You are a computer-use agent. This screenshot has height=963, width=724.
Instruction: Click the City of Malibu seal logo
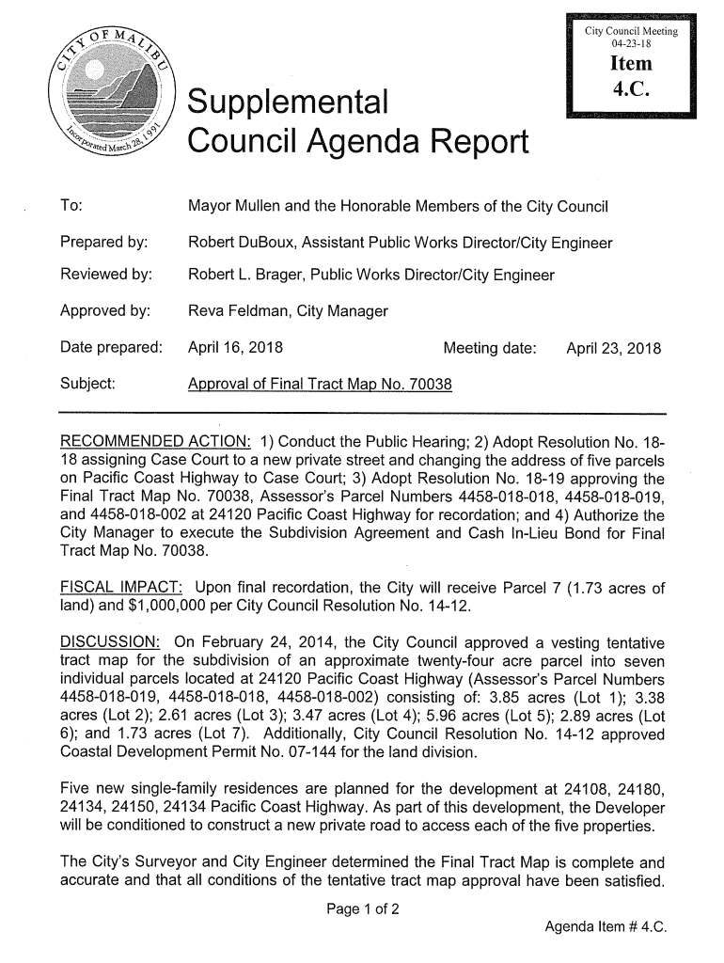point(116,93)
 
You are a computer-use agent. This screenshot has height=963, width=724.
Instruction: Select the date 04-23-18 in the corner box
point(632,44)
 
